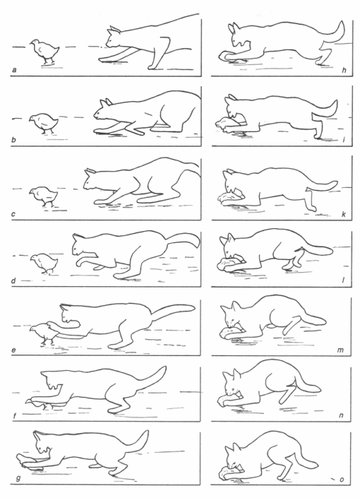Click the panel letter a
(x=15, y=70)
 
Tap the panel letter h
(x=344, y=70)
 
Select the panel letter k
(x=344, y=214)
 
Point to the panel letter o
(x=342, y=479)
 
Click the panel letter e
(x=14, y=350)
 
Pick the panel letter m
(x=340, y=350)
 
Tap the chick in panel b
(x=44, y=123)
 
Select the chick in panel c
(x=44, y=196)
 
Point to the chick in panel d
(x=44, y=263)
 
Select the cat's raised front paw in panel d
(x=85, y=260)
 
